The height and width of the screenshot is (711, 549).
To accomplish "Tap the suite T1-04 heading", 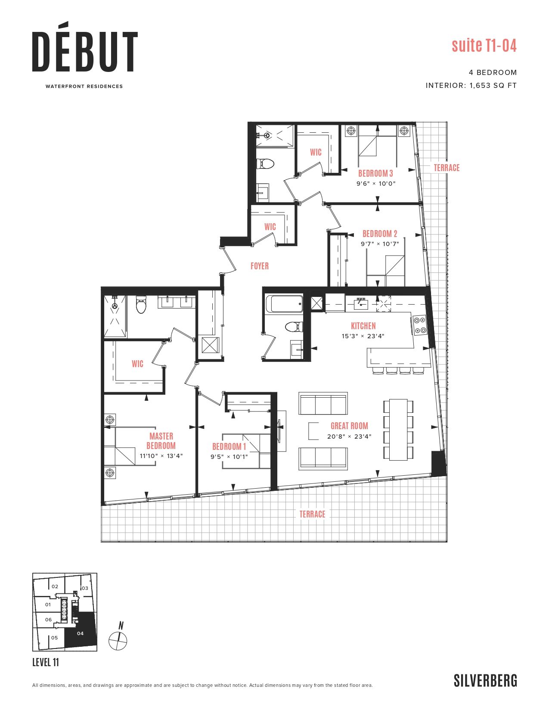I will tap(484, 45).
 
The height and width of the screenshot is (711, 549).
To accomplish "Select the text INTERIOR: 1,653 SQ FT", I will tap(471, 85).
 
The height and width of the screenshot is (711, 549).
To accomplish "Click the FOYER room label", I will tap(259, 266).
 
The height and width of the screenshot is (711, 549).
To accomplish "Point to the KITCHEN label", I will tap(363, 326).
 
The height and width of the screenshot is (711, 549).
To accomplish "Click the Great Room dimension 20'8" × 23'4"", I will tap(349, 437).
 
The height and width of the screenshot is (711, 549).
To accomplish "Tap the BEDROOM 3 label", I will tap(375, 173).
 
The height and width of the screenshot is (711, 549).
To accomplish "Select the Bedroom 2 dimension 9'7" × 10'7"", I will tap(379, 244).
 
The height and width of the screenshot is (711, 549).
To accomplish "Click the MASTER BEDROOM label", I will tap(161, 441).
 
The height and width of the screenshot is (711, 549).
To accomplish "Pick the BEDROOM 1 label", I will tap(229, 446).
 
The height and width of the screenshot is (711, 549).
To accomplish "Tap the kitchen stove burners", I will tap(419, 325).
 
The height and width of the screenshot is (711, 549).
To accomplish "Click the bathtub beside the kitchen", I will tap(284, 304).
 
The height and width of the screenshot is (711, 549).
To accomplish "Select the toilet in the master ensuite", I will tap(141, 304).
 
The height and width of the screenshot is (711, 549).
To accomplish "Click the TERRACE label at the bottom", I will tap(312, 514).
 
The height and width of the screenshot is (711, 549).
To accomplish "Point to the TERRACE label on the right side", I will tap(446, 168).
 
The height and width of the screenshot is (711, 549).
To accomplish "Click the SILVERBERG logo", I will tap(485, 681).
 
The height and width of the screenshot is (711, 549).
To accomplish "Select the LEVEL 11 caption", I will tap(46, 662).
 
